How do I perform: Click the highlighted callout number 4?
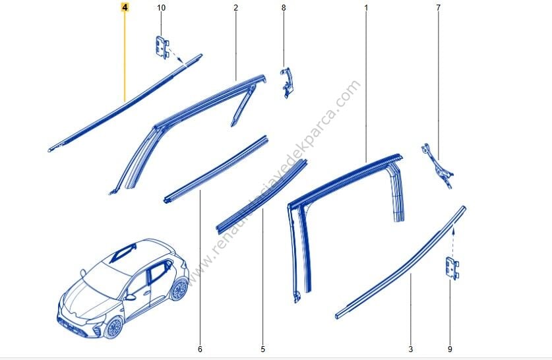(x=125, y=7)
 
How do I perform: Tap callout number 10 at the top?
(x=161, y=7)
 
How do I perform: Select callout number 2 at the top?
(x=235, y=7)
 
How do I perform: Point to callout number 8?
(x=284, y=7)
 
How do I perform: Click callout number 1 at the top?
(x=366, y=7)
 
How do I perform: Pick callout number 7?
(x=439, y=7)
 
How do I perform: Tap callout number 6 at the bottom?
(x=200, y=349)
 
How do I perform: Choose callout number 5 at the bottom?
(x=262, y=349)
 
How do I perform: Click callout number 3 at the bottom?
(x=410, y=349)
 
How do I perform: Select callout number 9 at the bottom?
(x=450, y=349)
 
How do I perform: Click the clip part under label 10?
(x=162, y=47)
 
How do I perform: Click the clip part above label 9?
(x=452, y=268)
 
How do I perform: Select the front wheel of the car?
(x=114, y=327)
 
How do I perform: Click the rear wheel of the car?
(x=179, y=289)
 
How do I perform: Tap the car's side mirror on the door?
(x=131, y=297)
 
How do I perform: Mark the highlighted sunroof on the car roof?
(x=123, y=253)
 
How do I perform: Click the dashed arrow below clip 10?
(x=177, y=57)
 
